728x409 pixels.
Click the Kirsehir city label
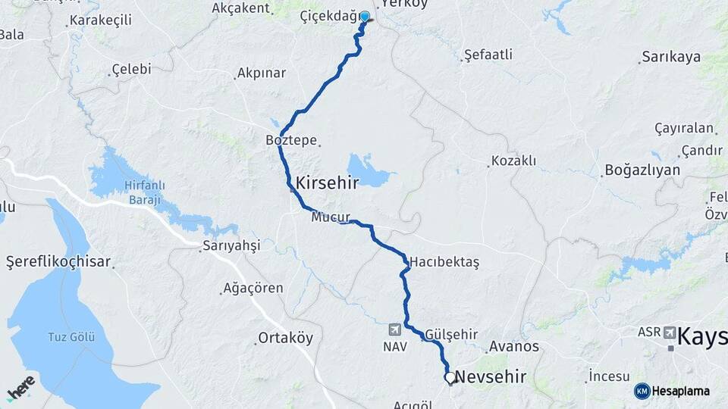(x=327, y=183)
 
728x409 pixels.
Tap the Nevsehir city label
(x=491, y=377)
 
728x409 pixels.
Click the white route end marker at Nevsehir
(x=450, y=377)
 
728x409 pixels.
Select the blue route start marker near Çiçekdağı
(x=365, y=17)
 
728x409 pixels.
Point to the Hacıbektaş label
(x=447, y=261)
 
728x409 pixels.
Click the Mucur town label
(x=331, y=217)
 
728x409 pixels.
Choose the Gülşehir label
(x=451, y=334)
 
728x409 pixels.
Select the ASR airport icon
(x=670, y=333)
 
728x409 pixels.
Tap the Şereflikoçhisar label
(x=59, y=262)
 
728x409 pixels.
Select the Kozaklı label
(x=513, y=161)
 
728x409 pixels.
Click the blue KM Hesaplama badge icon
(x=642, y=390)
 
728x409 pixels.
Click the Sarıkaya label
(x=670, y=57)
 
